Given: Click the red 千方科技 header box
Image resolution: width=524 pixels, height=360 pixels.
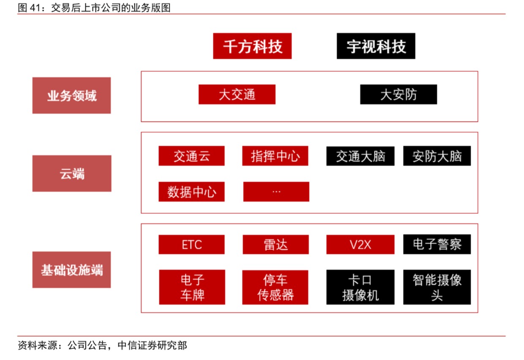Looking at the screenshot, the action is point(252,46).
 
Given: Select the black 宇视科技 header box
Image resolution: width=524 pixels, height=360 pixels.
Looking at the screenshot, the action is point(376,46).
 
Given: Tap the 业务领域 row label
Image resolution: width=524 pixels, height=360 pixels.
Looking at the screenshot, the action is point(71,95).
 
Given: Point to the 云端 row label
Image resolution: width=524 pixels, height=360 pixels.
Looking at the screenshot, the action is point(72,174).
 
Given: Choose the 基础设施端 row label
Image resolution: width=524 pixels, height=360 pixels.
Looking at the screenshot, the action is point(71,270).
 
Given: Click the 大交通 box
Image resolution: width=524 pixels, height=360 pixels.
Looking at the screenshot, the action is point(237,94).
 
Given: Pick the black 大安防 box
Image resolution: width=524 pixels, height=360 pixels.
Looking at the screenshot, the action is point(398,94).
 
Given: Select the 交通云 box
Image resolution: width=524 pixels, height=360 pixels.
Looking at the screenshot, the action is point(191,156).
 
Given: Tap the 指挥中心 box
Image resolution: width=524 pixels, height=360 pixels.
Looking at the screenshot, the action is point(275,156).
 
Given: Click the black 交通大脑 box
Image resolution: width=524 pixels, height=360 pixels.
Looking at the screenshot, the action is point(360,156).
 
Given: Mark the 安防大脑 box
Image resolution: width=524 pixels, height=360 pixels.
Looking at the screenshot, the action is point(437,156).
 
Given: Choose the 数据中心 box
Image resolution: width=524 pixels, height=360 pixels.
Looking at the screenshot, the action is point(191,191).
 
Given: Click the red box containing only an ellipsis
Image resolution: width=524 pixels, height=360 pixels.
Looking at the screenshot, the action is point(276,191).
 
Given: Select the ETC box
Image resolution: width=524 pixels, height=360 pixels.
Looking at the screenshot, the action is point(191,245).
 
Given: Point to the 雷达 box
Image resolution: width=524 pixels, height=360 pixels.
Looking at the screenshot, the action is point(276,245).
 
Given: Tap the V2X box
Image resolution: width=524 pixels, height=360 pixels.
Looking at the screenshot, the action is point(360,245).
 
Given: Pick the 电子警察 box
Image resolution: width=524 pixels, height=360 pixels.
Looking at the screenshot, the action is point(437,244).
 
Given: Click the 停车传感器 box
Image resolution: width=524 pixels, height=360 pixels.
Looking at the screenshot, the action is point(275,287).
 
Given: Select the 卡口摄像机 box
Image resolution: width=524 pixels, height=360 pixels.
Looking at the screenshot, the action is point(360,287).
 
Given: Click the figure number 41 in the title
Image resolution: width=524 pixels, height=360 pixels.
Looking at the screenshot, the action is point(35,8).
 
